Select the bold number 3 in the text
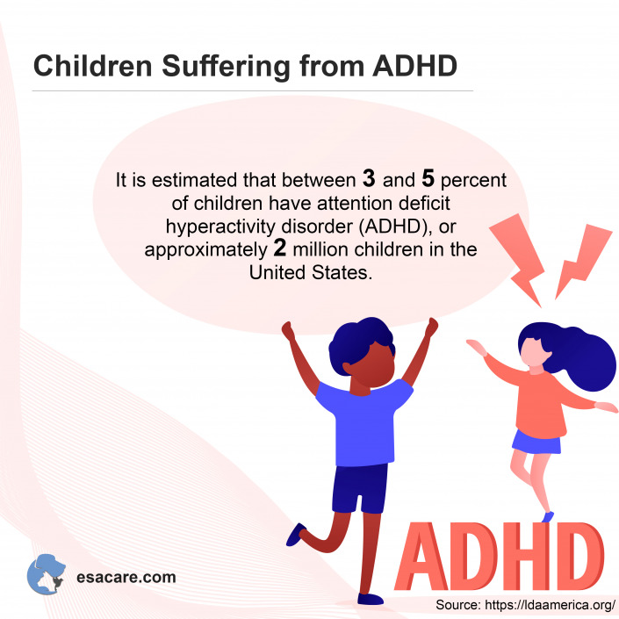pyautogui.click(x=369, y=180)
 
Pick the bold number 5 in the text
pyautogui.click(x=428, y=180)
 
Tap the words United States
pyautogui.click(x=311, y=272)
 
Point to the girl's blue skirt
pyautogui.click(x=536, y=442)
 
